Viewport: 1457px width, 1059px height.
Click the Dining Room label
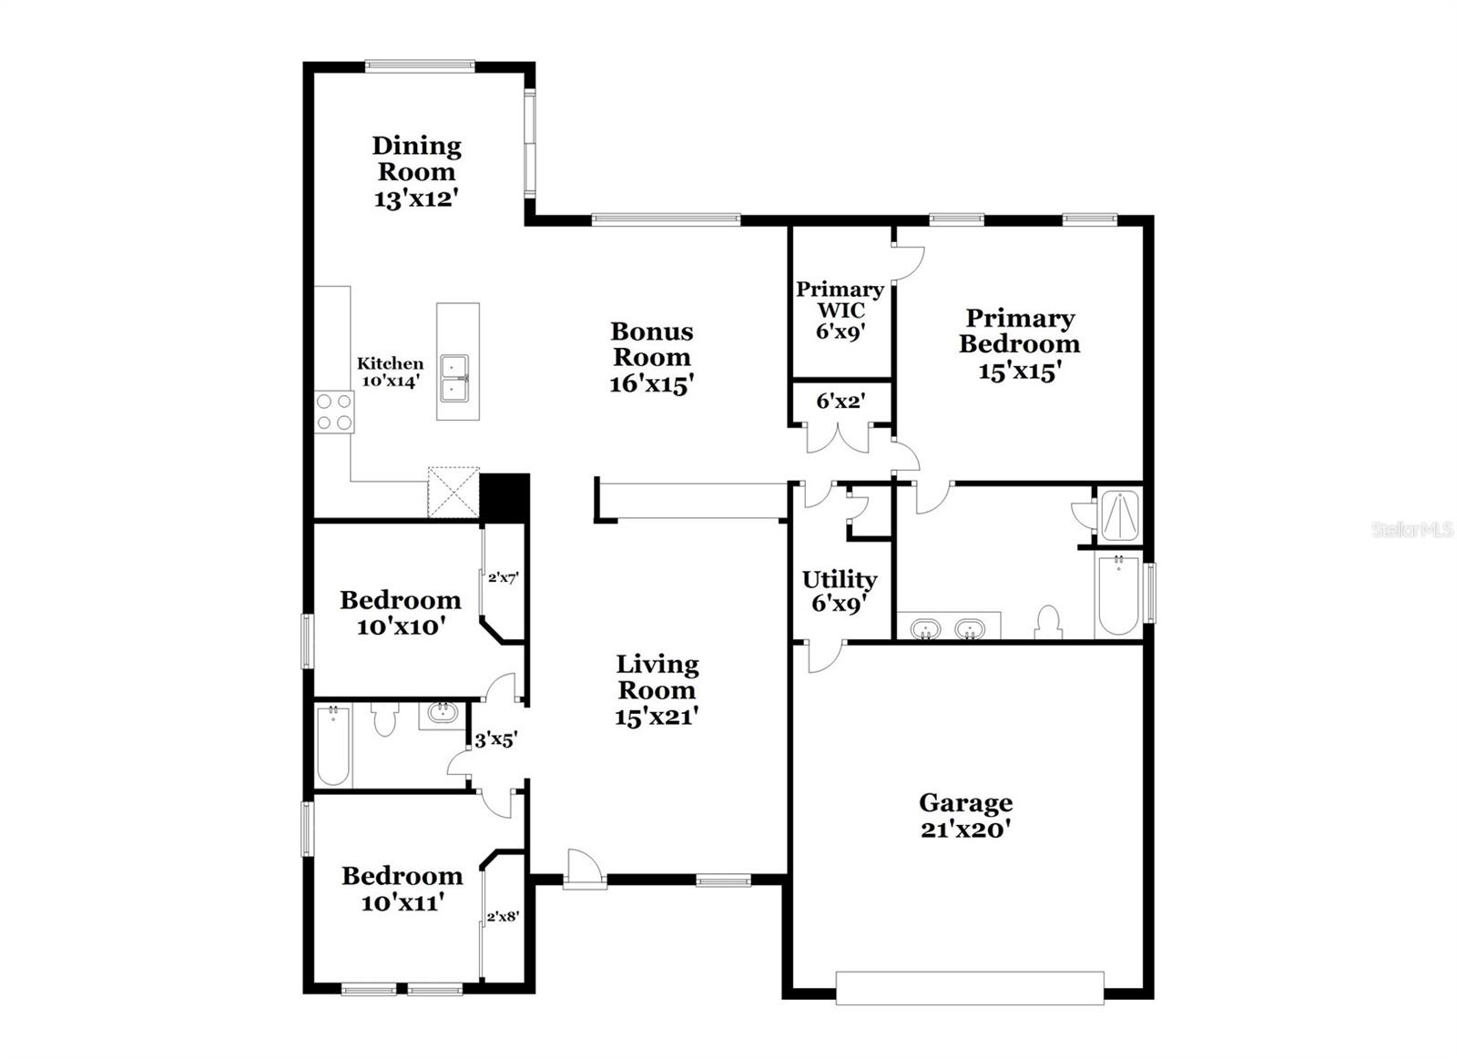pyautogui.click(x=416, y=158)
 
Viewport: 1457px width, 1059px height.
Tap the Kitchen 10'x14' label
pyautogui.click(x=390, y=372)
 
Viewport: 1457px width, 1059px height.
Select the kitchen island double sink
pyautogui.click(x=454, y=378)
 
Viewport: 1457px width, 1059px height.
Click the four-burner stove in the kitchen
pyautogui.click(x=333, y=411)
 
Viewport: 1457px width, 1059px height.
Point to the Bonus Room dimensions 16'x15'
pyautogui.click(x=651, y=383)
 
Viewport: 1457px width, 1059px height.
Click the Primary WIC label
pyautogui.click(x=840, y=300)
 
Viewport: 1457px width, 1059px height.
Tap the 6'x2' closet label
pyautogui.click(x=840, y=401)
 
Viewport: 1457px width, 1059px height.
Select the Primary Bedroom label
pyautogui.click(x=1019, y=331)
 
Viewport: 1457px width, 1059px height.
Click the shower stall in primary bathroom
pyautogui.click(x=1120, y=515)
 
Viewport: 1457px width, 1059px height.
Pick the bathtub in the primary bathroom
pyautogui.click(x=1118, y=595)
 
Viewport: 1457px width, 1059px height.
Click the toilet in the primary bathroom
pyautogui.click(x=1049, y=623)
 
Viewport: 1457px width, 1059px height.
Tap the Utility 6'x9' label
pyautogui.click(x=839, y=590)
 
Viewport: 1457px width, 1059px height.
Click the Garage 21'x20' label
pyautogui.click(x=965, y=815)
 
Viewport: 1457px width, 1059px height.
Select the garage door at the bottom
pyautogui.click(x=970, y=988)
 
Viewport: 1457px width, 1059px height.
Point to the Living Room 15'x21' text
pyautogui.click(x=656, y=690)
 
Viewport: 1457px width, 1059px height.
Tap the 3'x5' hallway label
pyautogui.click(x=496, y=739)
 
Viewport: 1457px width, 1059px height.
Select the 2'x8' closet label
pyautogui.click(x=503, y=917)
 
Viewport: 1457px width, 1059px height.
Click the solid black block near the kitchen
pyautogui.click(x=504, y=497)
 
